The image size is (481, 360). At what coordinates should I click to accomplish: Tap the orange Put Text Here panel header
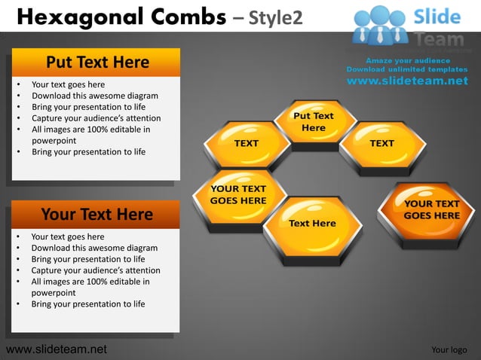(x=97, y=62)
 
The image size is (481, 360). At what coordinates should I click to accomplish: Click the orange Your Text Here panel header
(x=97, y=215)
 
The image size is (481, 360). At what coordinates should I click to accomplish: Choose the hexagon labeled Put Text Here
(x=313, y=122)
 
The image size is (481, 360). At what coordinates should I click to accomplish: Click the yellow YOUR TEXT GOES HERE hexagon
(x=238, y=195)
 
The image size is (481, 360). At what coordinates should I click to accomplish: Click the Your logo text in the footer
(x=449, y=349)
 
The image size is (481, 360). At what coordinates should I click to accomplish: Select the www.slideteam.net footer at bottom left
(x=56, y=349)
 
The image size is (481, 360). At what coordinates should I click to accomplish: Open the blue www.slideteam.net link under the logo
(x=408, y=81)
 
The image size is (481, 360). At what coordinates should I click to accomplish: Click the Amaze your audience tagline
(x=408, y=60)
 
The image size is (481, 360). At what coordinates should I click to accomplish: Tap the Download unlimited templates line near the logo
(x=406, y=69)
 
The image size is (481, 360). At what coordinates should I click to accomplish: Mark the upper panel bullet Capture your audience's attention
(x=96, y=118)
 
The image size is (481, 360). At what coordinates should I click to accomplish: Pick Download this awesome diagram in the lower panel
(x=94, y=248)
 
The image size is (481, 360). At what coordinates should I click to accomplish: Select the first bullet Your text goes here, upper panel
(x=68, y=84)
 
